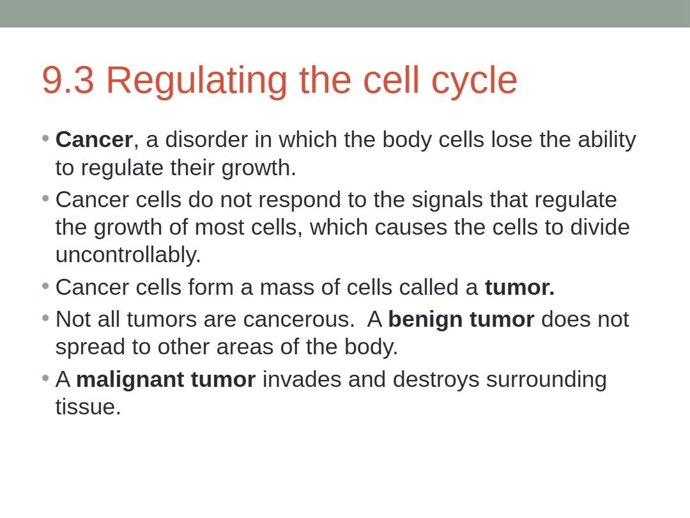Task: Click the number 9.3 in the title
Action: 68,80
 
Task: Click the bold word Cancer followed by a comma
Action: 94,139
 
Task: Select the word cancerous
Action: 299,320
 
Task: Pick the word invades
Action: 302,379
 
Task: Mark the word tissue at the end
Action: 88,407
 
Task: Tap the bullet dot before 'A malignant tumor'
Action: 45,377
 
